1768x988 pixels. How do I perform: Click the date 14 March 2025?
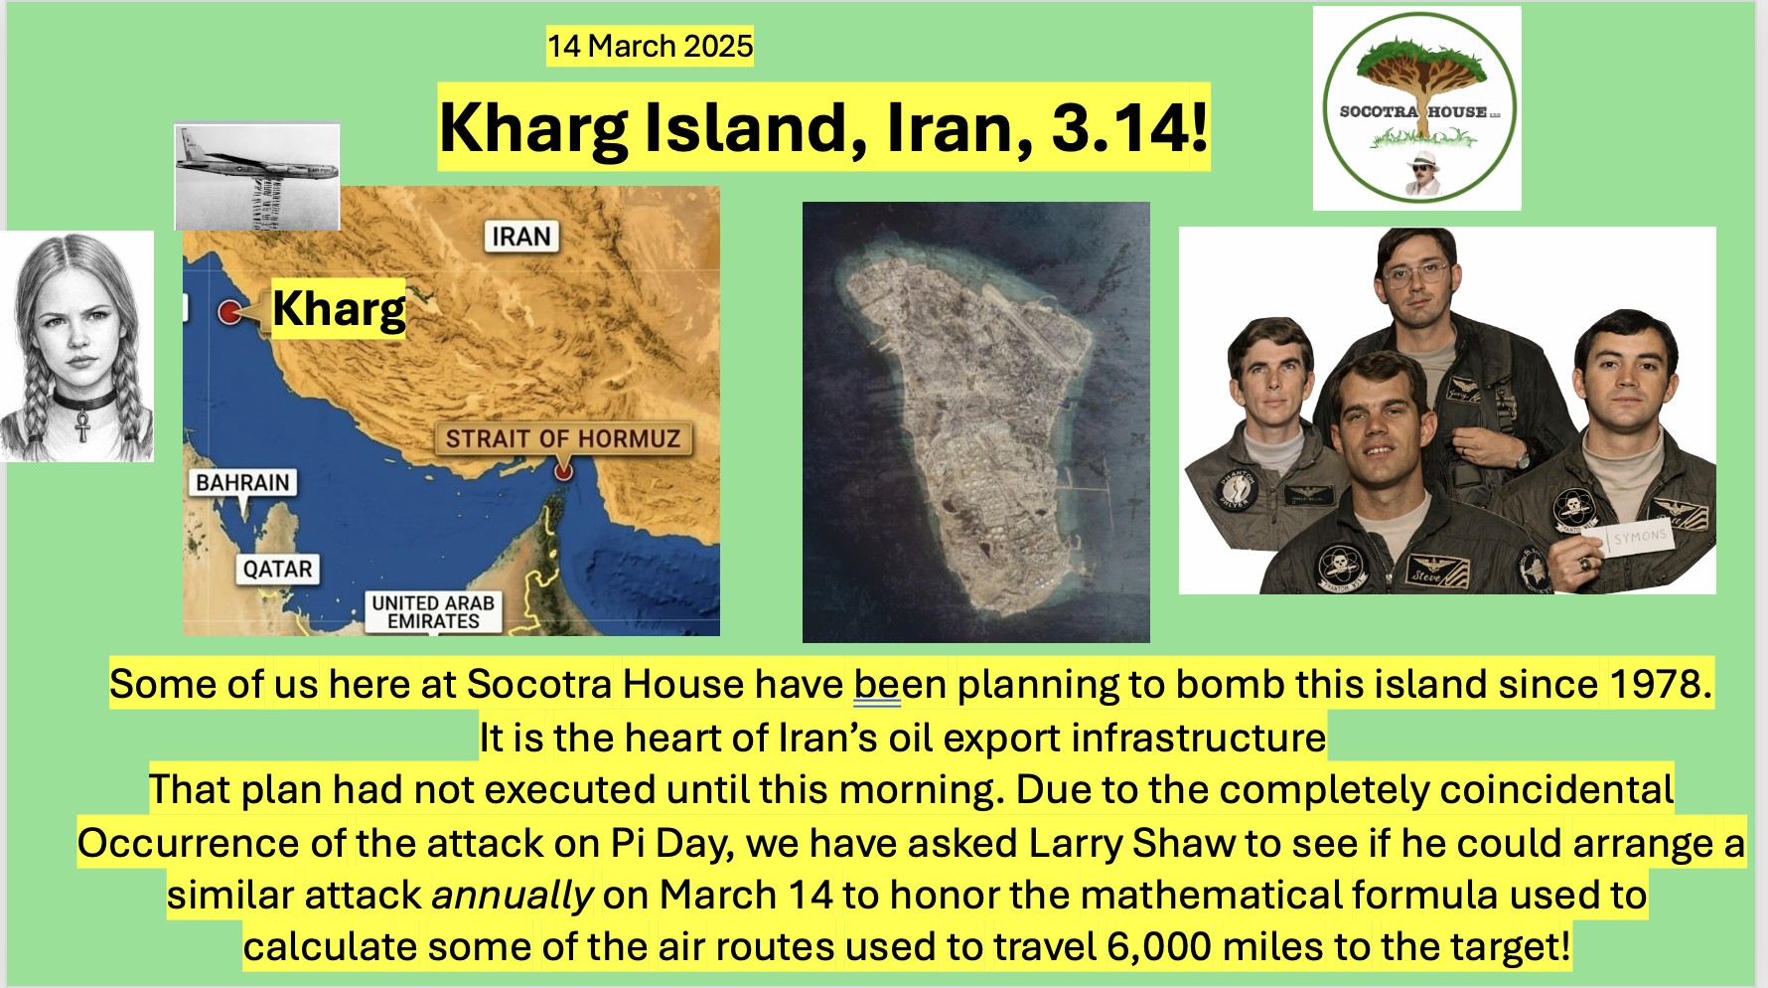pos(650,46)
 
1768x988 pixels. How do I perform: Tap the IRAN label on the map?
pos(521,237)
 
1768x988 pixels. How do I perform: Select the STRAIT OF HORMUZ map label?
pos(562,438)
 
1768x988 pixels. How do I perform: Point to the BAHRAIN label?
pos(242,482)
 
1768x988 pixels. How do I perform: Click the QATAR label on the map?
pos(277,569)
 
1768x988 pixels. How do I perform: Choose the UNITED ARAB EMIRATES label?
pos(433,611)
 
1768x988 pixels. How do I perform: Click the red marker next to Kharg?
pos(229,311)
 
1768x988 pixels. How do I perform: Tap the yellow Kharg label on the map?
pos(339,308)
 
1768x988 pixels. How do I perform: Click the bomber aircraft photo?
pos(257,177)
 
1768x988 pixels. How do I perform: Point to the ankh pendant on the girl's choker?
pos(83,426)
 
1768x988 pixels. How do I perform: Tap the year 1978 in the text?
pos(1660,684)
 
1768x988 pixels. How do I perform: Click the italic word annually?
pos(513,896)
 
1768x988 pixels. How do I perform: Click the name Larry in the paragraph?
pos(1075,843)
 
